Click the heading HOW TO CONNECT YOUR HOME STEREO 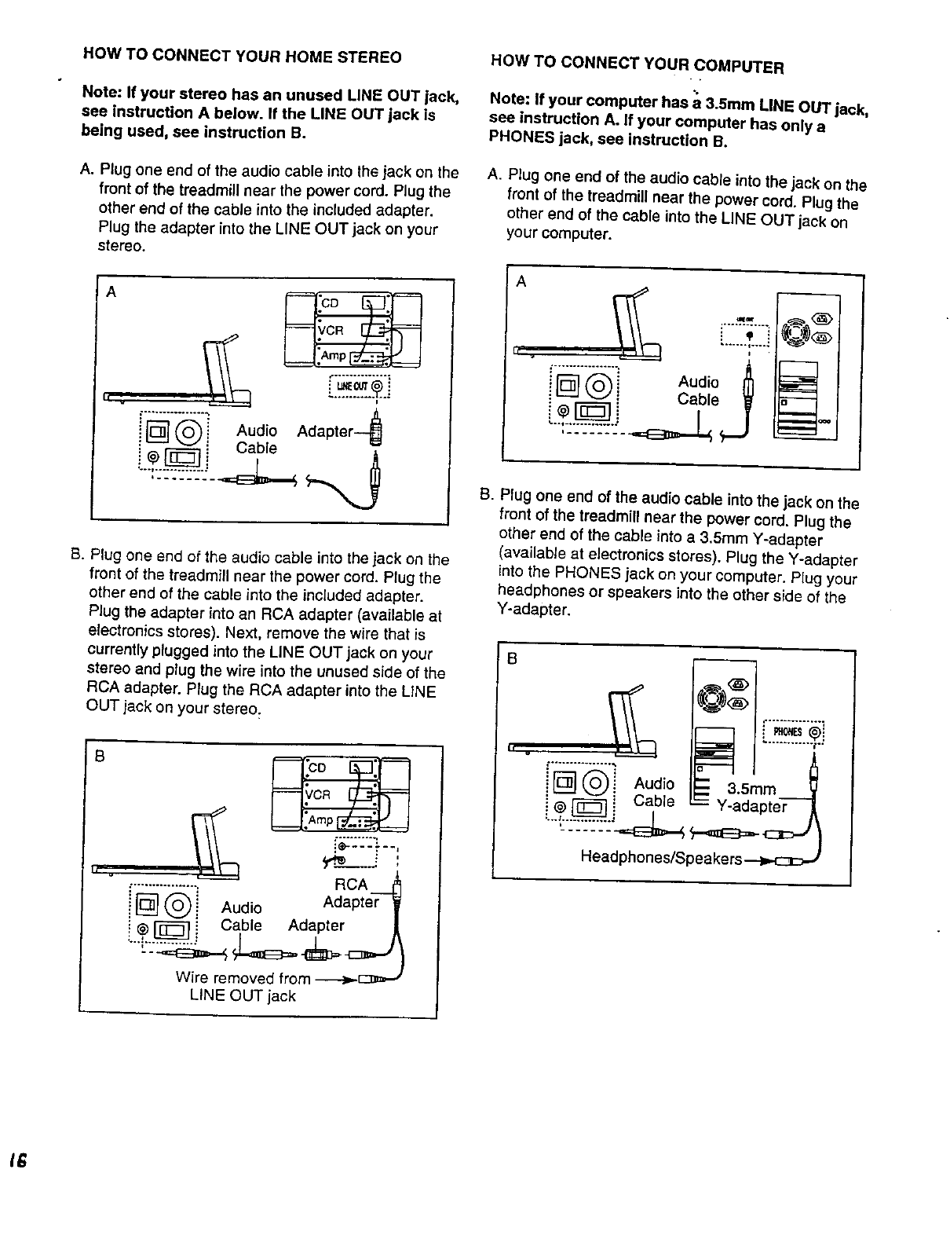243,57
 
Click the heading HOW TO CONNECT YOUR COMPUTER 636,63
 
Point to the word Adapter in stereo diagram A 325,431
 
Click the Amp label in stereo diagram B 320,820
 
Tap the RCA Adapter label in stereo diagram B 351,893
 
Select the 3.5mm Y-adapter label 752,797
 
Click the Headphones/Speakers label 661,858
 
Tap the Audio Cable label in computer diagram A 698,390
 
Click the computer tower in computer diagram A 807,369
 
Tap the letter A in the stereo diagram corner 111,292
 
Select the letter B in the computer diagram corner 511,659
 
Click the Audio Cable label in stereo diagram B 242,916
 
